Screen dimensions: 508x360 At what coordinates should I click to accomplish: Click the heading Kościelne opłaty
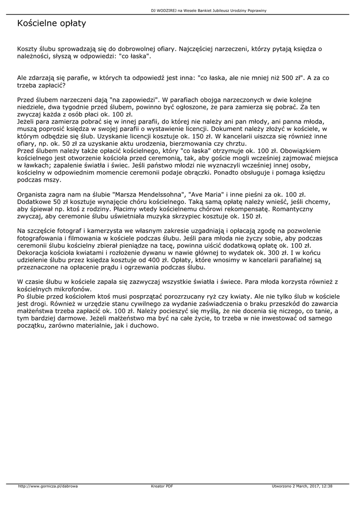(x=52, y=23)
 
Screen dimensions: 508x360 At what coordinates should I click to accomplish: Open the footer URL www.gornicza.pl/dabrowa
(x=48, y=486)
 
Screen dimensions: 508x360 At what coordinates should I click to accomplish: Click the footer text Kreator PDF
(x=162, y=486)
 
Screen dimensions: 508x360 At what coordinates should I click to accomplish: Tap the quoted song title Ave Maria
(x=204, y=195)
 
